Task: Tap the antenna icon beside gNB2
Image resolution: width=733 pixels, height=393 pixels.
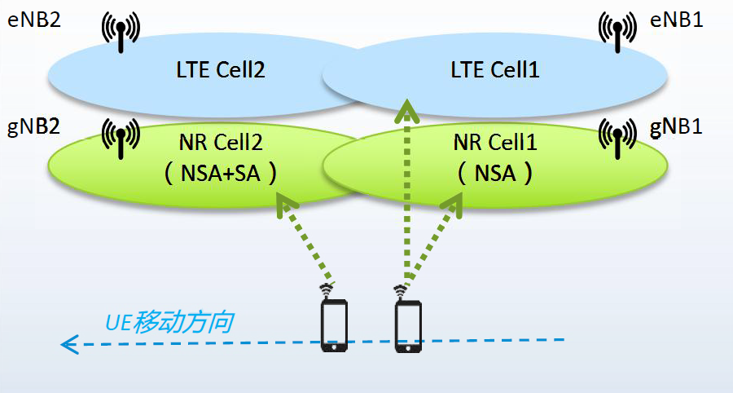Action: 121,139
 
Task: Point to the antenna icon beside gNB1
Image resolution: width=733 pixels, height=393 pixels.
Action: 617,139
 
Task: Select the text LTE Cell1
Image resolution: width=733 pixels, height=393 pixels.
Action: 496,70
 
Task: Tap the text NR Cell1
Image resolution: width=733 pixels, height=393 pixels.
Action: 495,144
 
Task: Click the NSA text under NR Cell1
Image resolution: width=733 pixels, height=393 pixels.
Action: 495,173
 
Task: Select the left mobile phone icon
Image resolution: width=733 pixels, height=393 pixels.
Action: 334,325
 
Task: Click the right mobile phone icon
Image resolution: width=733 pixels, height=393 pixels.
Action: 408,326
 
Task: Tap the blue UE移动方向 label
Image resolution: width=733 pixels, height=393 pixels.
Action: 169,322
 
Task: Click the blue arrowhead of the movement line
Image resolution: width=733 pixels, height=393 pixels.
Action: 70,344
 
